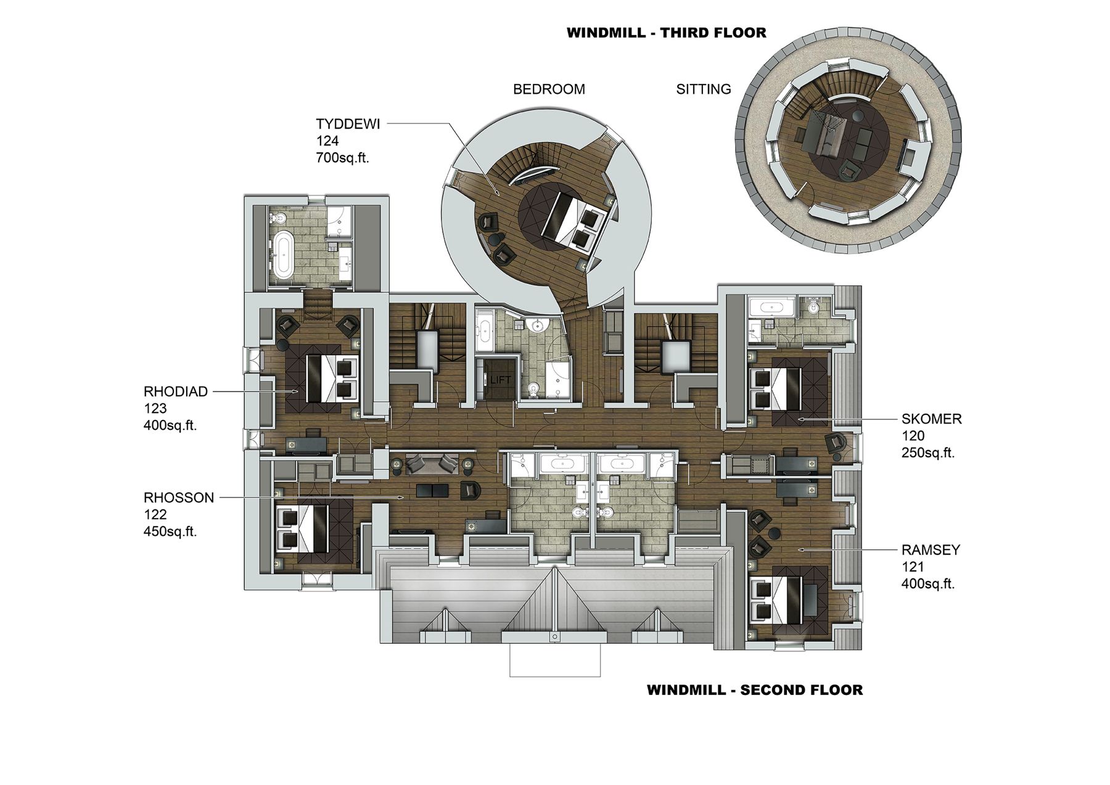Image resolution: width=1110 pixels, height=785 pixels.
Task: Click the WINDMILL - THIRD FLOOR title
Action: (666, 33)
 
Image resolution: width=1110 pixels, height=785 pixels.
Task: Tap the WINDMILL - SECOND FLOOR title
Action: (755, 690)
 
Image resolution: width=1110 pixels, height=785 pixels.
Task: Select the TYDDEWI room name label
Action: (348, 123)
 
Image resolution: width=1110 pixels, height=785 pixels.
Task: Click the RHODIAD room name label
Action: (176, 392)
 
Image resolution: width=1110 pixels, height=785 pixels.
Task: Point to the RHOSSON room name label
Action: (179, 498)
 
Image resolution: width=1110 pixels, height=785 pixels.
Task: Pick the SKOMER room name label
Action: (932, 419)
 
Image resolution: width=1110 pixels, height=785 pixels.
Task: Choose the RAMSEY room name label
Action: (931, 550)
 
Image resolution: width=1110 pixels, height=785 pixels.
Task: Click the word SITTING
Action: (704, 89)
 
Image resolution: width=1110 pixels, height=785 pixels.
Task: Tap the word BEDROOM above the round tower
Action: (549, 89)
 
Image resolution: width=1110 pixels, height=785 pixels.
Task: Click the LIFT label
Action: (500, 380)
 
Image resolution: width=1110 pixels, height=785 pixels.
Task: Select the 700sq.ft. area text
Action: (342, 158)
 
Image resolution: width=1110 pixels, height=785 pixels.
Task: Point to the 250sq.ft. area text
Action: (928, 453)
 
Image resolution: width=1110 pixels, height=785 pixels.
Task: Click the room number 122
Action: (155, 515)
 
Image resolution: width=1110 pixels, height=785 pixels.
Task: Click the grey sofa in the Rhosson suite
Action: (432, 463)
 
